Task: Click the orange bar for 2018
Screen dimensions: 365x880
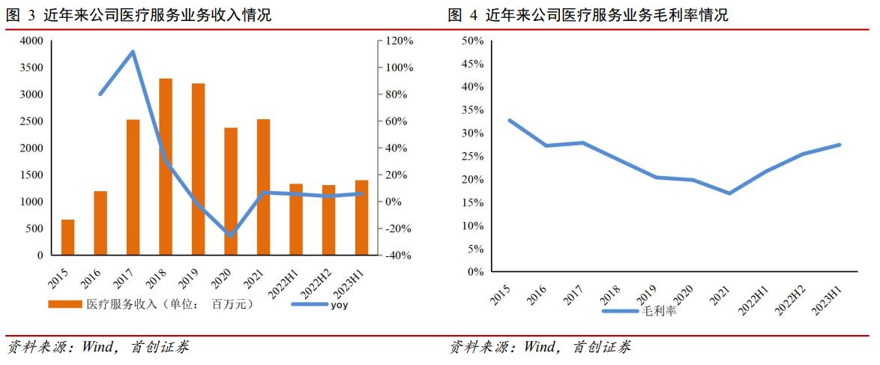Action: tap(166, 166)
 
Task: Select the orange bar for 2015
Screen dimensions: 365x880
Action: tap(68, 237)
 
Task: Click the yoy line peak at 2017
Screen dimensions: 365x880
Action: tap(133, 52)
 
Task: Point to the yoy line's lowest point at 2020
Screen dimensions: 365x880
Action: tap(231, 235)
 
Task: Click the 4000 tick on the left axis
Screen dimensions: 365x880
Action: tap(31, 40)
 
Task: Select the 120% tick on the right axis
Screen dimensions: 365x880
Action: tap(400, 40)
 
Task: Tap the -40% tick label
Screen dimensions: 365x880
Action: tap(398, 256)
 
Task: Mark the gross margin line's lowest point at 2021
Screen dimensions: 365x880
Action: tap(729, 193)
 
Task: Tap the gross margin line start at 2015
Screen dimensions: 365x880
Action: tap(510, 120)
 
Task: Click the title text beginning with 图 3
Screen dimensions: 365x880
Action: tap(139, 15)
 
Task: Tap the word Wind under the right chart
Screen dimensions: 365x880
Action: tap(541, 347)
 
